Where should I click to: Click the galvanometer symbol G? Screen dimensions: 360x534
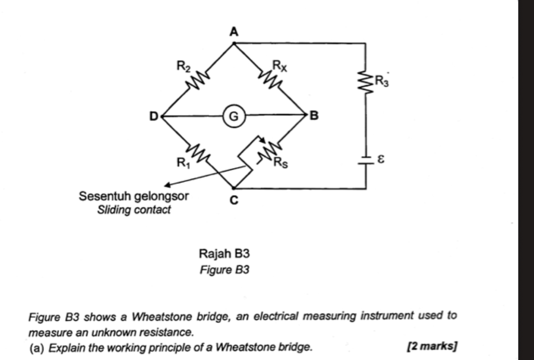coord(233,115)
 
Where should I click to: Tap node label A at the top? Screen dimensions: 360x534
coord(233,32)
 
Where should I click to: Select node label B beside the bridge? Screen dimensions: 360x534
coord(314,115)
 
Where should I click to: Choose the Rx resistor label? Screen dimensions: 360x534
coord(279,66)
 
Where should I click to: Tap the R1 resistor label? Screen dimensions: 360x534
coord(182,163)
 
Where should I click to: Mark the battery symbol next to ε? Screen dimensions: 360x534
coord(365,161)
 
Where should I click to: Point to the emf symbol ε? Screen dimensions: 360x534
coord(380,161)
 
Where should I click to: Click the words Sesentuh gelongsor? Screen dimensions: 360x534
coord(133,196)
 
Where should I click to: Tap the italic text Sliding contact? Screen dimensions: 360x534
coord(133,209)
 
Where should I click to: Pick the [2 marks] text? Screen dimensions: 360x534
coord(431,346)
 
